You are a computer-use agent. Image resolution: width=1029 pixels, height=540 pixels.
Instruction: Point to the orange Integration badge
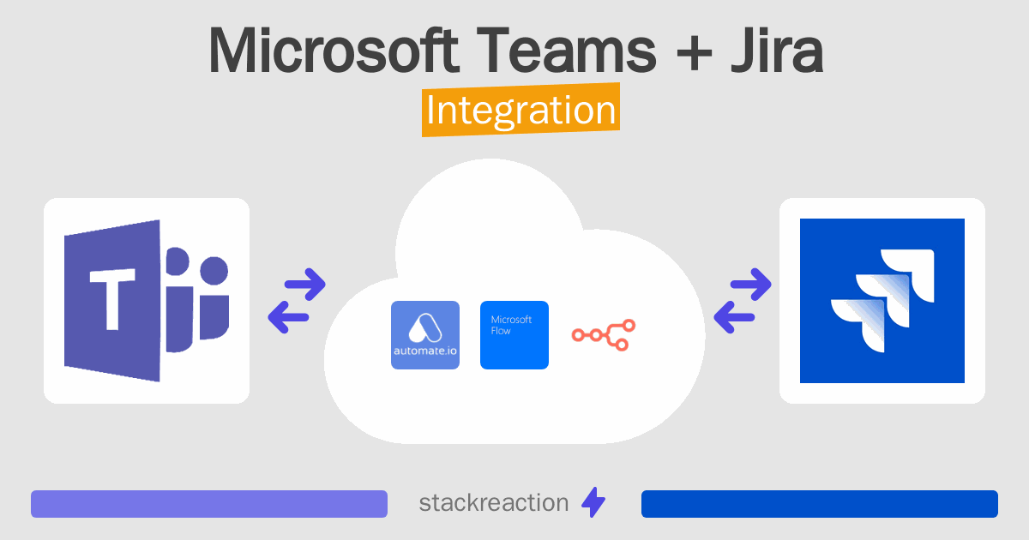click(521, 111)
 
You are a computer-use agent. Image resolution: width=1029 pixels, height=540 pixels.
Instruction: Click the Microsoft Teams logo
click(147, 301)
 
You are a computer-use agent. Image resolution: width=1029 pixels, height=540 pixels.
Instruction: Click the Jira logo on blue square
click(882, 301)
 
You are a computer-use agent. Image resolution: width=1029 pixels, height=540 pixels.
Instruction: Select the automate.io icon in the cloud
click(425, 335)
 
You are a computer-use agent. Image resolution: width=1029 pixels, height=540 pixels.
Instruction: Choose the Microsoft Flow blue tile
click(514, 335)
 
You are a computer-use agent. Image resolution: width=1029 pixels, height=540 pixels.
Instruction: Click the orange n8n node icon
click(605, 335)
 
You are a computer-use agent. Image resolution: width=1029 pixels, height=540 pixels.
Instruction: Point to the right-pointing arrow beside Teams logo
click(305, 285)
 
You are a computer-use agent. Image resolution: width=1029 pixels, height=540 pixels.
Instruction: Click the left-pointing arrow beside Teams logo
click(289, 316)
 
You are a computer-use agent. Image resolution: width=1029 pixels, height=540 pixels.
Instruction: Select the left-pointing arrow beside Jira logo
click(734, 317)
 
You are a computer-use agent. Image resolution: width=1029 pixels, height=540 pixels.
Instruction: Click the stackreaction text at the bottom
click(493, 503)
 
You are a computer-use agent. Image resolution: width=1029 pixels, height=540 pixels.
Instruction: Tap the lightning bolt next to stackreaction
click(593, 503)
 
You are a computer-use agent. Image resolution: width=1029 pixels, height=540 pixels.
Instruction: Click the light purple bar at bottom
click(209, 504)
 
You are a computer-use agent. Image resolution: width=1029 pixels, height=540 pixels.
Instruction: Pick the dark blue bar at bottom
click(820, 504)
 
